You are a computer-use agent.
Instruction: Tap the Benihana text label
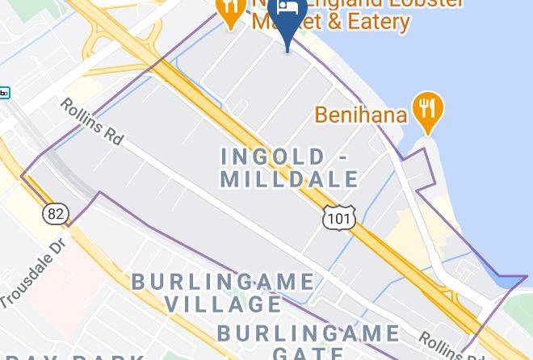pyautogui.click(x=360, y=115)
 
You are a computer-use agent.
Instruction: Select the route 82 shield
pyautogui.click(x=55, y=214)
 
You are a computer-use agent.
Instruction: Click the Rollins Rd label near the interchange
pyautogui.click(x=92, y=122)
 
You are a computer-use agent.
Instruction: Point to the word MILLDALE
pyautogui.click(x=289, y=178)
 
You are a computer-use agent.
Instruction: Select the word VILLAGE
pyautogui.click(x=223, y=303)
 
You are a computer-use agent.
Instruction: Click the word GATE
pyautogui.click(x=308, y=352)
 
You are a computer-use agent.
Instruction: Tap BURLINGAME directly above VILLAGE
pyautogui.click(x=223, y=282)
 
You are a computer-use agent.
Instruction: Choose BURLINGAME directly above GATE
pyautogui.click(x=308, y=333)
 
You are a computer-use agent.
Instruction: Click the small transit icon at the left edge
pyautogui.click(x=4, y=93)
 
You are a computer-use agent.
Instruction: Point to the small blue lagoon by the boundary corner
pyautogui.click(x=511, y=281)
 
